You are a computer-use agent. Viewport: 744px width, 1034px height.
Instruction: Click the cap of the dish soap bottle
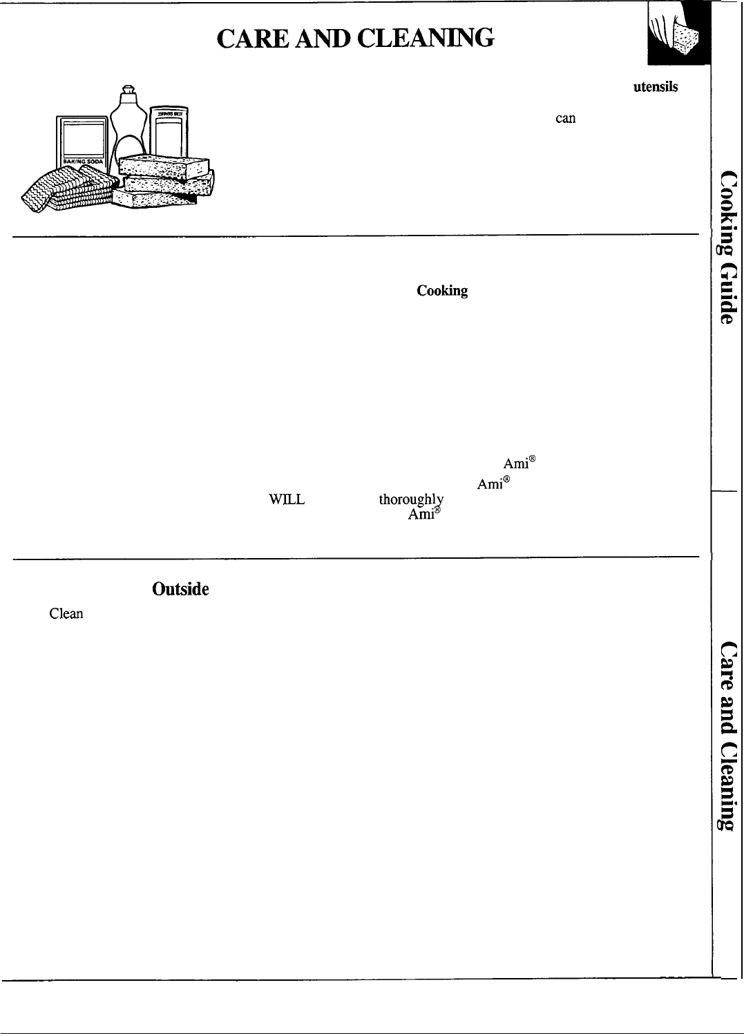pos(127,90)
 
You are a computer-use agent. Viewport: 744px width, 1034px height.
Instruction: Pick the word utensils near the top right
pos(655,87)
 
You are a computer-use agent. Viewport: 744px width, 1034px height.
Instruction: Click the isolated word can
pos(565,118)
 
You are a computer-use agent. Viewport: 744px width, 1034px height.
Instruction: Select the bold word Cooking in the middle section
pos(442,291)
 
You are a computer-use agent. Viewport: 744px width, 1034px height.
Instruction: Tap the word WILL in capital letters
pos(287,499)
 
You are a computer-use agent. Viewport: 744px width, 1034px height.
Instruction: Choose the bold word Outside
pos(180,589)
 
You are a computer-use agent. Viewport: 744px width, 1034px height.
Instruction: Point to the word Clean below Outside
pos(66,613)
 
